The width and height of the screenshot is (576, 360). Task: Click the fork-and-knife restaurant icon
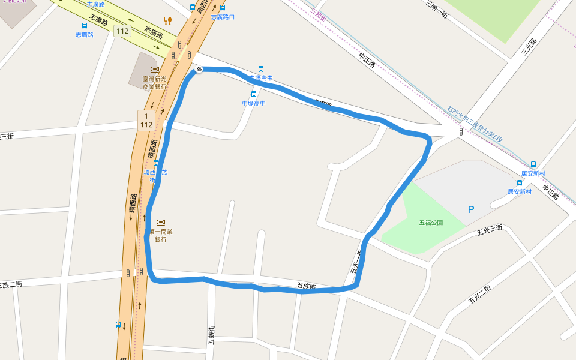[x=168, y=20]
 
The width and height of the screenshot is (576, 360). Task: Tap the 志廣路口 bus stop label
[x=223, y=17]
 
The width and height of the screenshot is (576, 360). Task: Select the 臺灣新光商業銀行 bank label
[x=154, y=83]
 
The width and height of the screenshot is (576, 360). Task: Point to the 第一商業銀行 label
[x=160, y=235]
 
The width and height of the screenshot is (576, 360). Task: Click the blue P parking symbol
[x=471, y=209]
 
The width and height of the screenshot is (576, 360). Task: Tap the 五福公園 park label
[x=431, y=223]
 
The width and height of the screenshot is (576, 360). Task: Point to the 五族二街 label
[x=11, y=284]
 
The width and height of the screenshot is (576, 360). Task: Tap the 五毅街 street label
[x=212, y=334]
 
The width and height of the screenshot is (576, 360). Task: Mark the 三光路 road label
[x=529, y=48]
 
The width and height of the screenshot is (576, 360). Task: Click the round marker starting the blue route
[x=199, y=70]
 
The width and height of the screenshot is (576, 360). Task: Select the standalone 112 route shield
[x=122, y=31]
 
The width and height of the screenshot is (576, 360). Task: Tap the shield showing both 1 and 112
[x=146, y=120]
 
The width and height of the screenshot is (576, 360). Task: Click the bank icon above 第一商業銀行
[x=160, y=222]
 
